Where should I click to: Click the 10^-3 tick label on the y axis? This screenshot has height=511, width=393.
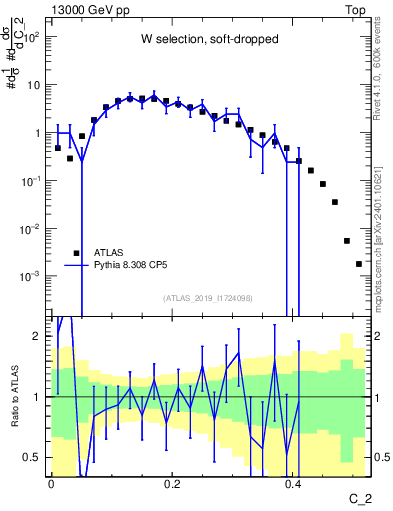(30, 276)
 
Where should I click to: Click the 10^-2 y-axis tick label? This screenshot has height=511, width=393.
(30, 229)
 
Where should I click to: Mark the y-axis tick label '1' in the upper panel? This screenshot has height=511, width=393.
(38, 133)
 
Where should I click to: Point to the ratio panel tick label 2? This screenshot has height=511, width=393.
(38, 337)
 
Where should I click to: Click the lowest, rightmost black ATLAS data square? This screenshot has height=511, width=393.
(358, 264)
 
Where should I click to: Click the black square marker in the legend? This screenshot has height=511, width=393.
(77, 253)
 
